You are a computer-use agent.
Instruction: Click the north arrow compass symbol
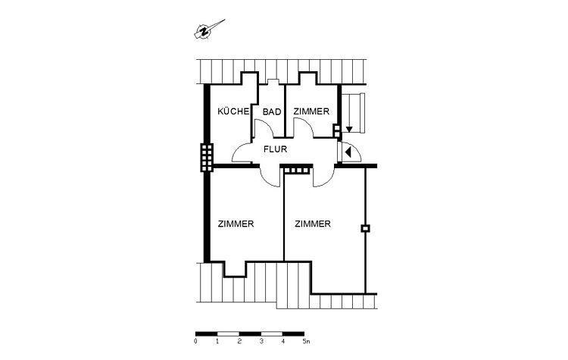click(x=204, y=30)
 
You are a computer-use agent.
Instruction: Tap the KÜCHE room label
click(x=233, y=111)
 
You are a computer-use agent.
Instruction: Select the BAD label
click(x=272, y=111)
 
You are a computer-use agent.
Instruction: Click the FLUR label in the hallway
click(x=275, y=149)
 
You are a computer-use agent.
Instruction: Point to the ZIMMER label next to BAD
click(x=311, y=111)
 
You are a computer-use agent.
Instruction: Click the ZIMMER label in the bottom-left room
click(x=235, y=224)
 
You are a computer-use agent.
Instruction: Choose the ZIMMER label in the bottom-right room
click(x=313, y=224)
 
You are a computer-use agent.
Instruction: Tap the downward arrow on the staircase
click(x=348, y=129)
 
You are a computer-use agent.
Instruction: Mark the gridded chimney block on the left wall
click(x=206, y=158)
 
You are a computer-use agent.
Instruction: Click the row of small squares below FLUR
click(x=297, y=171)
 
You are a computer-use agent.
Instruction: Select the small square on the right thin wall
click(x=365, y=228)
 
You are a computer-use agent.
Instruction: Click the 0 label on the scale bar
click(x=195, y=342)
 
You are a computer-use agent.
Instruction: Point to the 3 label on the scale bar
click(x=261, y=342)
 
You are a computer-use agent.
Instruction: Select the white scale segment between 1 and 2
click(x=228, y=333)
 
